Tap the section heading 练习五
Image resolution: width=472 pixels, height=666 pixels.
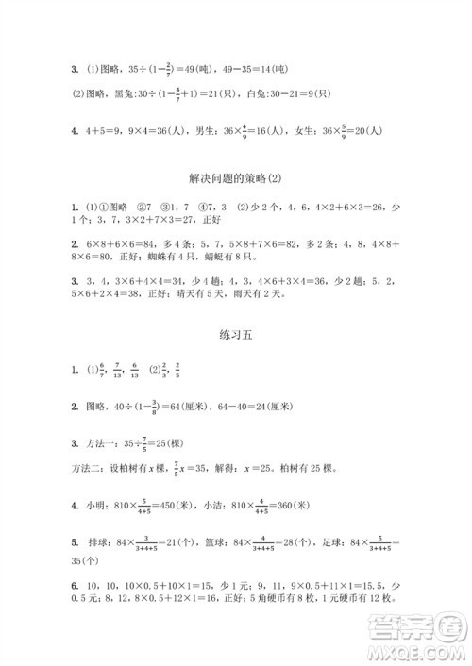236,334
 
